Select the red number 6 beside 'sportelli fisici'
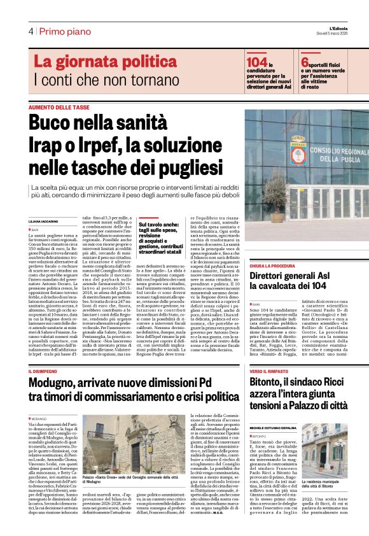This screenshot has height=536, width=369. pyautogui.click(x=305, y=62)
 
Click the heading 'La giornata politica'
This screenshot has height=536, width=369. pyautogui.click(x=106, y=62)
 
